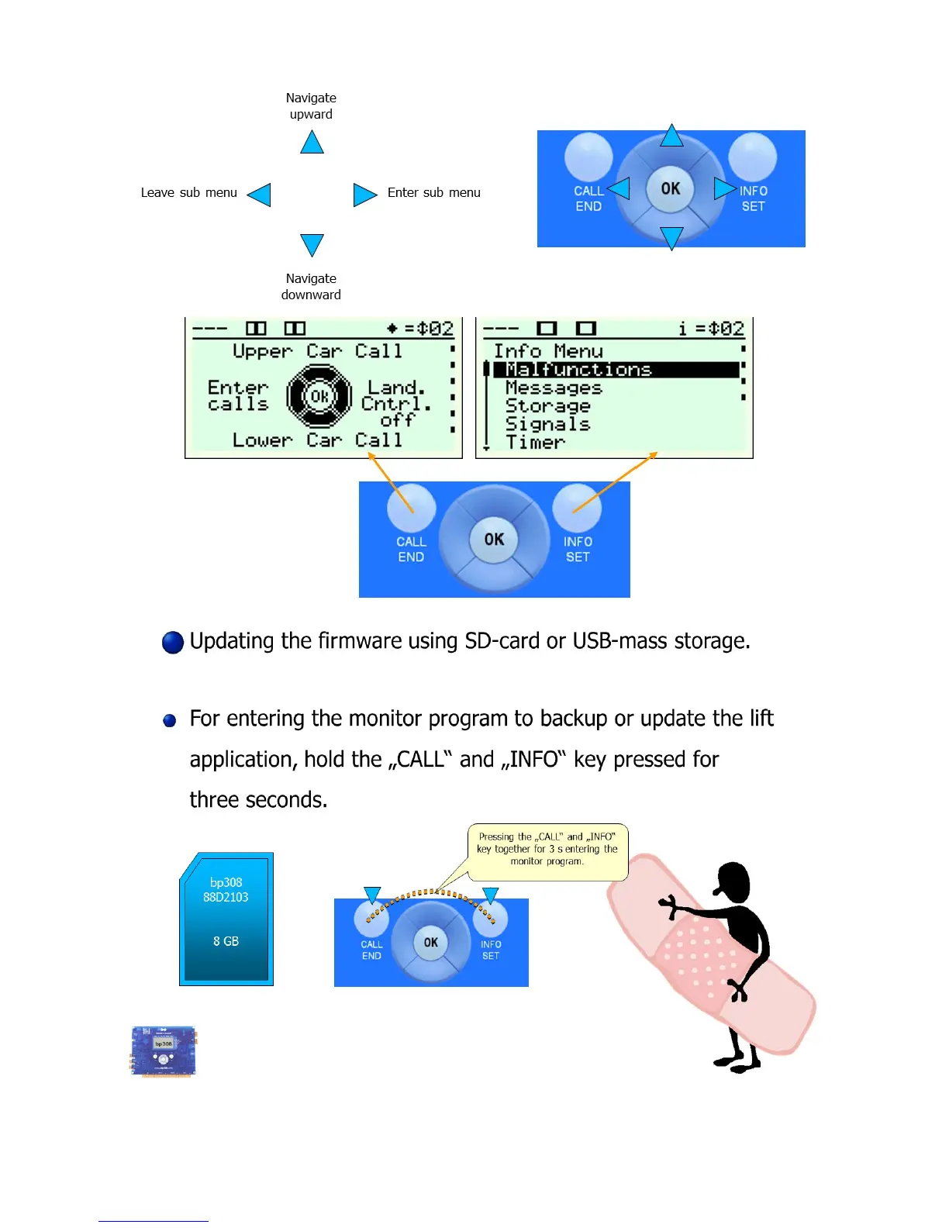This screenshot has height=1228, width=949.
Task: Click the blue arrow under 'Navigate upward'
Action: pyautogui.click(x=312, y=143)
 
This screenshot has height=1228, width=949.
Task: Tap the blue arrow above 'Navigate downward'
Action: pyautogui.click(x=312, y=244)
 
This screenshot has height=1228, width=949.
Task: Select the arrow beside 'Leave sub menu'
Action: pyautogui.click(x=260, y=194)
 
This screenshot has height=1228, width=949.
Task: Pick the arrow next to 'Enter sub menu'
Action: pyautogui.click(x=364, y=194)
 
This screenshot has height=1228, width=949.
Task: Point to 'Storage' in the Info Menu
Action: pyautogui.click(x=547, y=405)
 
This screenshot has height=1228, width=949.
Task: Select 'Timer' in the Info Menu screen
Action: pyautogui.click(x=535, y=442)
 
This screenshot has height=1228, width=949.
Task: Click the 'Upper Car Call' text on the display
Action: pyautogui.click(x=317, y=351)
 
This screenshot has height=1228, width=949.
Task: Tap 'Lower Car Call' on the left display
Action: pyautogui.click(x=317, y=440)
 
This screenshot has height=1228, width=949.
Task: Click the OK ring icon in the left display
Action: pyautogui.click(x=319, y=396)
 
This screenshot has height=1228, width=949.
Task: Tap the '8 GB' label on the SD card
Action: pyautogui.click(x=226, y=941)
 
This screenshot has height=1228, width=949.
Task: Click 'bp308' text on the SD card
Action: pyautogui.click(x=226, y=882)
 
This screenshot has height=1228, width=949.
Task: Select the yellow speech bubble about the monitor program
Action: pyautogui.click(x=547, y=850)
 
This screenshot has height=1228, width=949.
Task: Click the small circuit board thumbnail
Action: pyautogui.click(x=164, y=1050)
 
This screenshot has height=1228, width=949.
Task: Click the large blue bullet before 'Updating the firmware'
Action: pyautogui.click(x=173, y=643)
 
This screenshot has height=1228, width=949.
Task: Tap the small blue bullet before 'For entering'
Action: pyautogui.click(x=170, y=721)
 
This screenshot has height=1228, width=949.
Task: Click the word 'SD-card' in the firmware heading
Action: pyautogui.click(x=502, y=641)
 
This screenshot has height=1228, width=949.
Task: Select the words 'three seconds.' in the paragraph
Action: pyautogui.click(x=258, y=799)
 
